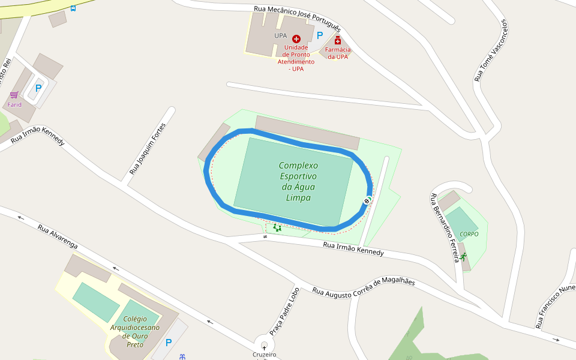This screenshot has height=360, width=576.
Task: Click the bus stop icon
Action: pos(73,8)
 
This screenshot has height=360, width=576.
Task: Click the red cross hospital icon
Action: pos(296,38)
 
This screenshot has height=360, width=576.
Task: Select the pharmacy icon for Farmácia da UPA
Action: pos(338,40)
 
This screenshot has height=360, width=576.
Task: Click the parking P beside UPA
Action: pos(320,35)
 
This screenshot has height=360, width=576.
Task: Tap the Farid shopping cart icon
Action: pos(14,95)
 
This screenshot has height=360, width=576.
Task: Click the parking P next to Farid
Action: pos(38,88)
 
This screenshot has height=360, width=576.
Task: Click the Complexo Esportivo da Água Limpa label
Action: pos(298,181)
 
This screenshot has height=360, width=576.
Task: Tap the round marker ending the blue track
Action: pos(367,200)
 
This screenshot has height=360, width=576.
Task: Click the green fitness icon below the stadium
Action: pos(277,227)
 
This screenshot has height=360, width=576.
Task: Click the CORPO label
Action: pos(469,234)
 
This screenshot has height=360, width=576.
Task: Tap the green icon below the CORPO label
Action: pos(463,256)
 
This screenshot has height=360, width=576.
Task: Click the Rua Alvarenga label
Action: pos(58,238)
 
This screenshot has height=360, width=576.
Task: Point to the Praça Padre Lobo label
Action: pos(284,311)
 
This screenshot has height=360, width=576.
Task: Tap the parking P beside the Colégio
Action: pos(169,343)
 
